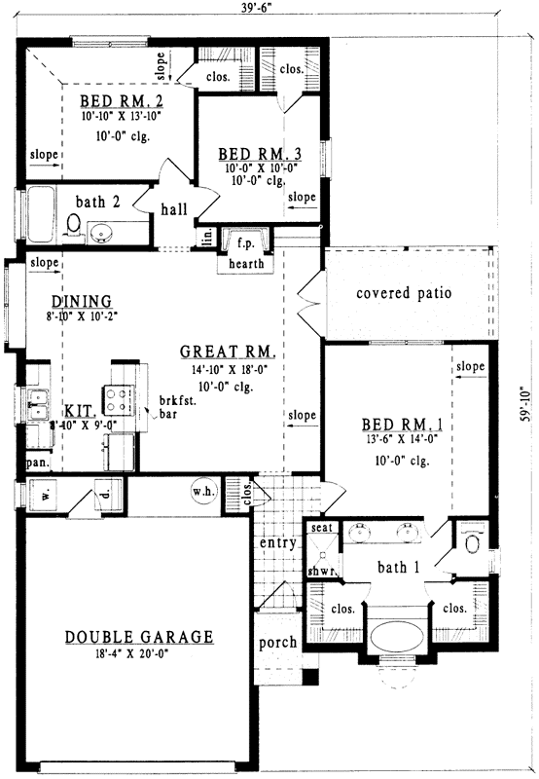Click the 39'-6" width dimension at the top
point(260,9)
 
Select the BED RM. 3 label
point(258,154)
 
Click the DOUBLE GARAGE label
point(139,637)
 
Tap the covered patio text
point(404,293)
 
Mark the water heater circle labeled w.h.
point(203,492)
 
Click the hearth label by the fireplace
point(246,263)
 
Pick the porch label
point(277,644)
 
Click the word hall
point(174,208)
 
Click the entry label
point(277,542)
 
